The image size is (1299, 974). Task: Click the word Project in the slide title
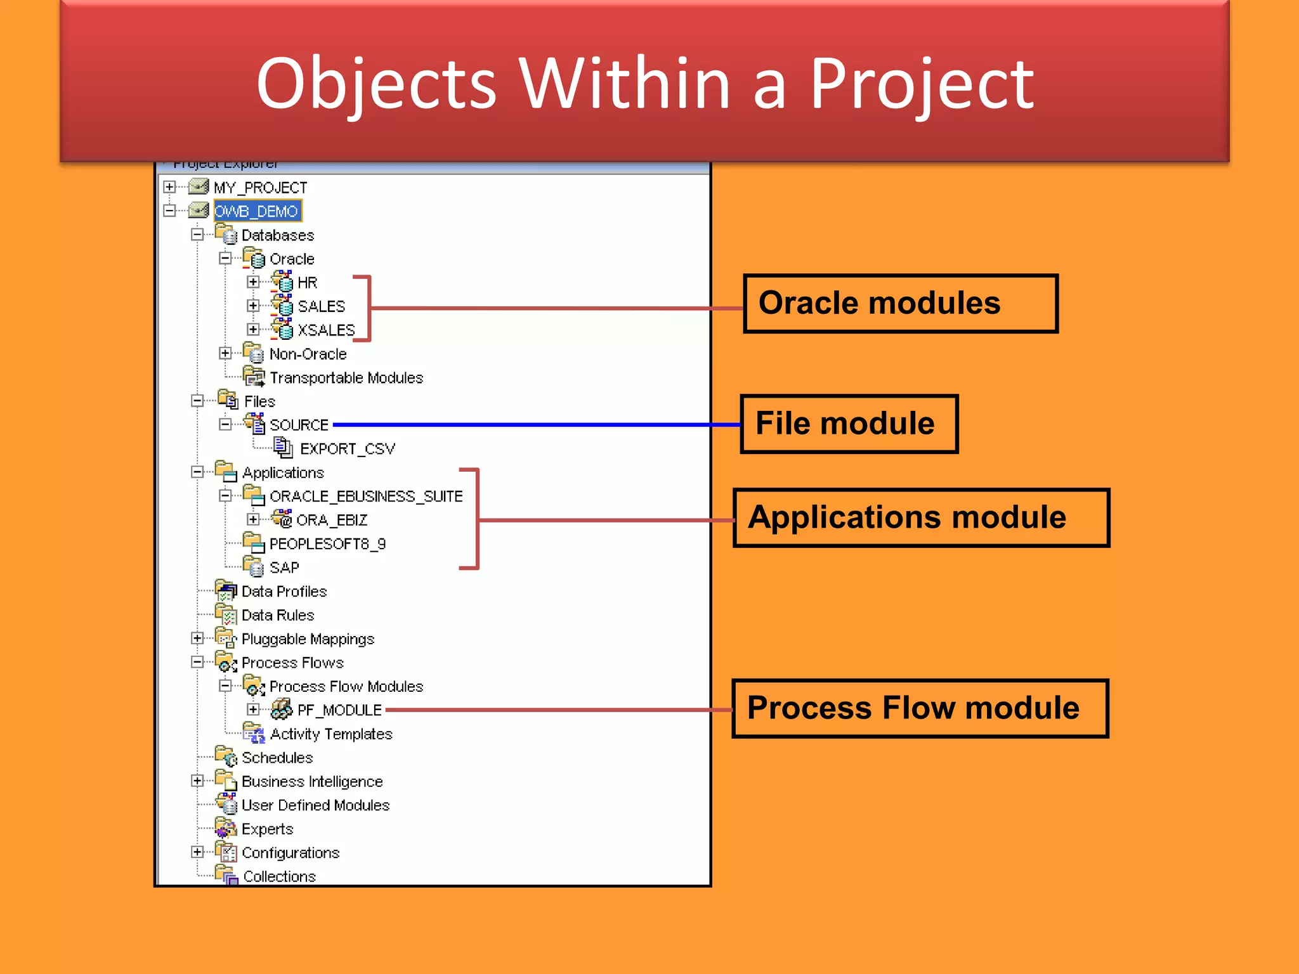tap(921, 84)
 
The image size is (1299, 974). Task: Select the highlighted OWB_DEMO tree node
tap(257, 211)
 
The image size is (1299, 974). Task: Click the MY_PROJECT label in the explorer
tap(260, 188)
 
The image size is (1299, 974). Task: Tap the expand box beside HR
tap(253, 282)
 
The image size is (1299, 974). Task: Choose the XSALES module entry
tap(326, 330)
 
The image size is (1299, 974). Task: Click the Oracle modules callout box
tap(900, 303)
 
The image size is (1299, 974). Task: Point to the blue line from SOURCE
tap(533, 424)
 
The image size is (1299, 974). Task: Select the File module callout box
tap(849, 424)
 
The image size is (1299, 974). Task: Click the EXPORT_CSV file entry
tap(347, 449)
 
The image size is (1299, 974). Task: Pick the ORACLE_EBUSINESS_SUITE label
tap(366, 497)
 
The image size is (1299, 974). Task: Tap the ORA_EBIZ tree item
tap(332, 521)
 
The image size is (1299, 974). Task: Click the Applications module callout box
tap(920, 517)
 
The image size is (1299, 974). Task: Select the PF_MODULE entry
tap(339, 710)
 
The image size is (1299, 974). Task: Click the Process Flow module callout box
tap(920, 708)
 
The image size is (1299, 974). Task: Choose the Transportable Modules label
tap(346, 378)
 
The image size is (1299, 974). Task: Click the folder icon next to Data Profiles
tap(226, 591)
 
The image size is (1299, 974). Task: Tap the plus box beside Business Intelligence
tap(197, 781)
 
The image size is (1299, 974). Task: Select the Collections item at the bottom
tap(279, 876)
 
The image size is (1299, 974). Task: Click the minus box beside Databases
tap(197, 235)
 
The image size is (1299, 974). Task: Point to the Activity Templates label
tap(331, 734)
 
